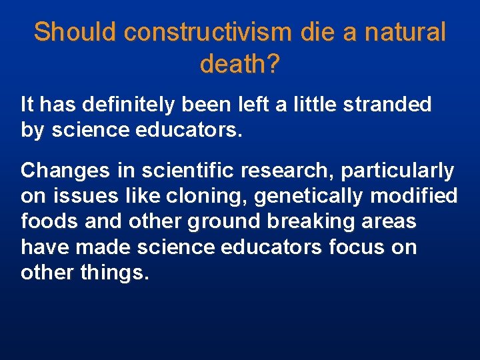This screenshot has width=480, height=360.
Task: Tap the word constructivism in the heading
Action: click(x=206, y=32)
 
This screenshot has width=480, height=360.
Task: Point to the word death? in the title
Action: click(x=239, y=64)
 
